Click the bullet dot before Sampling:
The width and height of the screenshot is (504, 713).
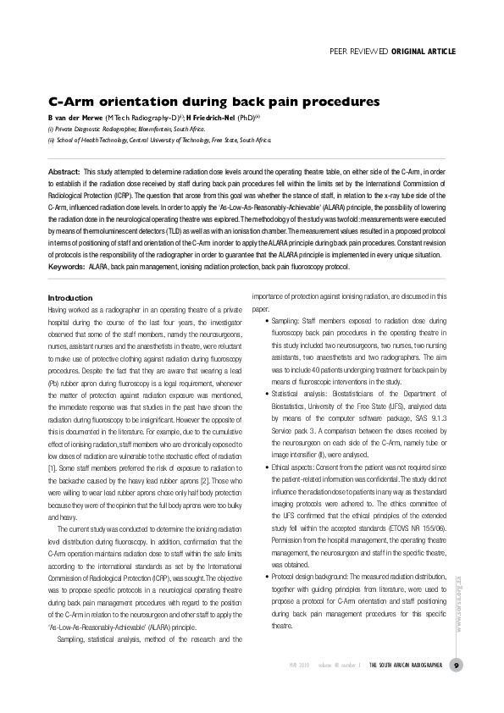click(268, 322)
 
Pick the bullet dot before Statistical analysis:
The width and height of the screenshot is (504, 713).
click(268, 393)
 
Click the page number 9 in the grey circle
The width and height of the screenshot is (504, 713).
click(457, 666)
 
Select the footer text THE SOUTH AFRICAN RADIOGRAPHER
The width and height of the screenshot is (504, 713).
click(406, 666)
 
